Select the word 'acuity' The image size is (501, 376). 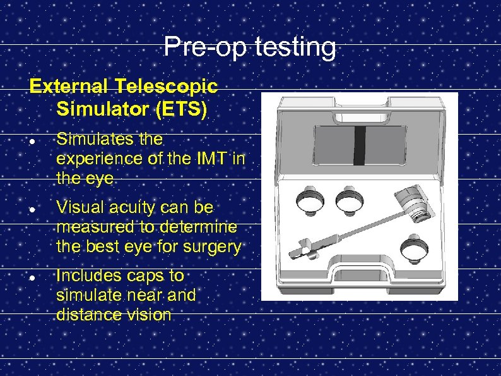tap(129, 207)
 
